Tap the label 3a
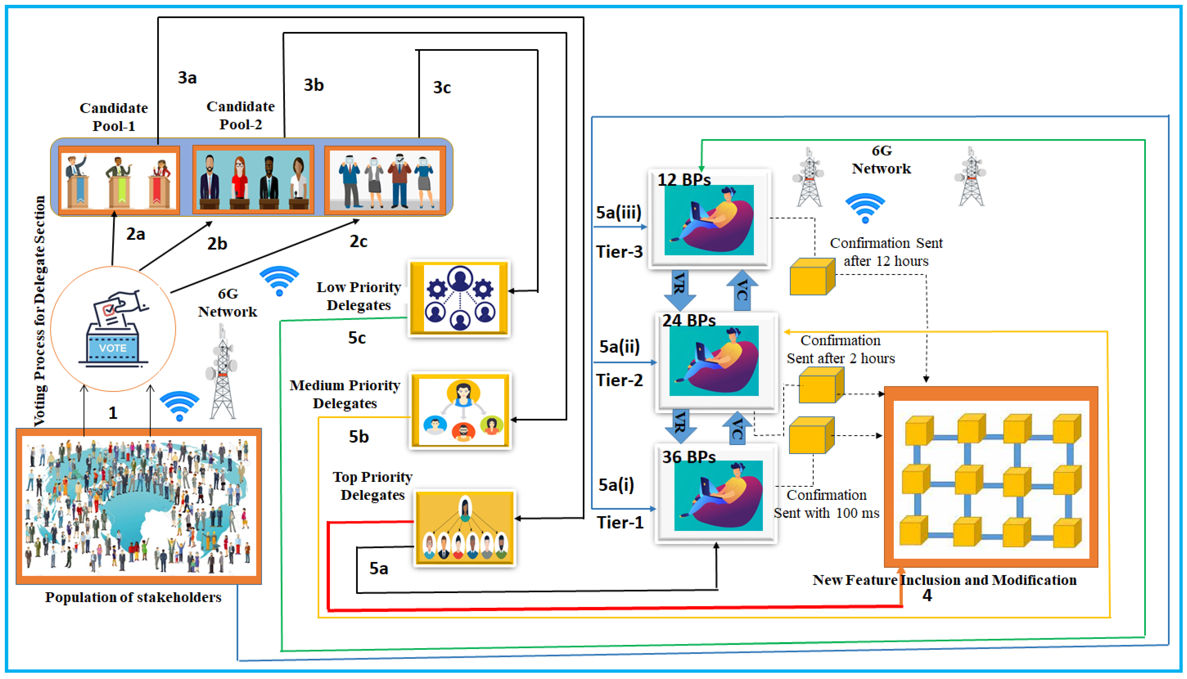[x=187, y=77]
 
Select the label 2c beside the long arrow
[x=359, y=241]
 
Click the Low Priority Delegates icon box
[x=459, y=298]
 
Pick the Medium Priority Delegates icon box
[x=461, y=410]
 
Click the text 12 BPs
[x=684, y=179]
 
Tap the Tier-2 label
[x=619, y=380]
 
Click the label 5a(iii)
[x=619, y=212]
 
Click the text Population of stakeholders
[x=133, y=597]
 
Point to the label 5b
[x=359, y=437]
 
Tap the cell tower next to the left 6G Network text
[x=222, y=373]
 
